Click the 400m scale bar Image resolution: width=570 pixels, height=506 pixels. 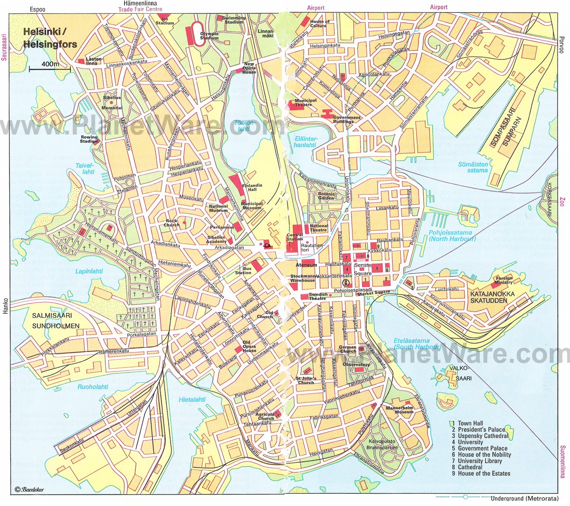point(49,68)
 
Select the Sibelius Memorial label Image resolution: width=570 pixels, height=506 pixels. point(112,103)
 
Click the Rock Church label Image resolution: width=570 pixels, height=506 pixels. point(171,223)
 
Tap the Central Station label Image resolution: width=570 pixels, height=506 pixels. point(295,237)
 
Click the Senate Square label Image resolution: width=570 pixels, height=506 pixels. point(362,268)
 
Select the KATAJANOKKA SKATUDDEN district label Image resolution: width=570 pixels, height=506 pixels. point(492,297)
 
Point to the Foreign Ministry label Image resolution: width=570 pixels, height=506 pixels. point(504,280)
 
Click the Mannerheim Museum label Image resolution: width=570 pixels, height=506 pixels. point(399,410)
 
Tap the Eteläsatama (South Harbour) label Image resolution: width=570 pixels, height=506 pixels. point(411,344)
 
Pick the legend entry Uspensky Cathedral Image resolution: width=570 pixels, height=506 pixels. point(483,436)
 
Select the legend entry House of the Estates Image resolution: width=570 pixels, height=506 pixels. point(484,473)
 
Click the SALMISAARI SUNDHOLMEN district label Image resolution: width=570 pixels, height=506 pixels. point(53,321)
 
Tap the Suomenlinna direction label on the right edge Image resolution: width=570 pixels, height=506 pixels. point(563,461)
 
